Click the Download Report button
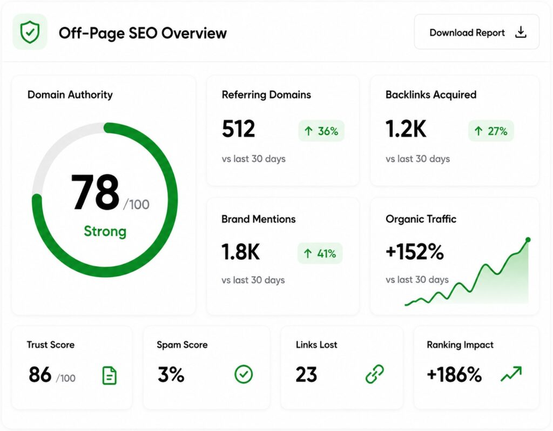point(476,32)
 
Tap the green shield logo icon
point(30,32)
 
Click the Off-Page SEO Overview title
point(143,33)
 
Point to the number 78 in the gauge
point(95,192)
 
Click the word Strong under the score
point(105,231)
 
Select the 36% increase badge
point(321,131)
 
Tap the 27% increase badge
point(491,131)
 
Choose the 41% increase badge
point(320,253)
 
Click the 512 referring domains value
point(238,129)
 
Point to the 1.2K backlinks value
point(406,129)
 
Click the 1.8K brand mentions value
point(240,252)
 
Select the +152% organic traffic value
point(415,252)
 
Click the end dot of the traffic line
point(528,240)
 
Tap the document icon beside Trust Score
point(109,375)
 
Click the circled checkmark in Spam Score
point(244,374)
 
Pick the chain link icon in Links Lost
point(375,374)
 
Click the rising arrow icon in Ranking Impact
point(511,374)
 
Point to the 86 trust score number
point(40,375)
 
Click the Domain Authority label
point(70,95)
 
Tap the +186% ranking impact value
point(454,375)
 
